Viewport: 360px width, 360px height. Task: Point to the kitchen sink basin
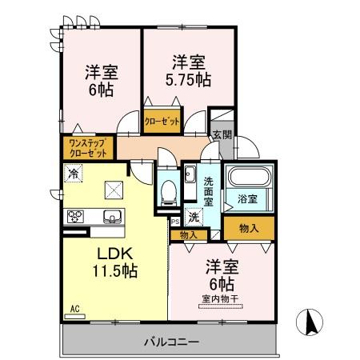click(x=111, y=215)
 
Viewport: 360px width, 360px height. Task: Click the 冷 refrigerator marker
click(x=74, y=172)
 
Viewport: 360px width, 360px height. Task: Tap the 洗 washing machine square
click(x=194, y=216)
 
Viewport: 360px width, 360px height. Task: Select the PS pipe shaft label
click(x=174, y=222)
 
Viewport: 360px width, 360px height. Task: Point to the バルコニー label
click(x=170, y=342)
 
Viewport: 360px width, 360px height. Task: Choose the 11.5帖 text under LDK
click(x=116, y=270)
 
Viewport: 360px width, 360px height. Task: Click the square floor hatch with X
click(x=114, y=190)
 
